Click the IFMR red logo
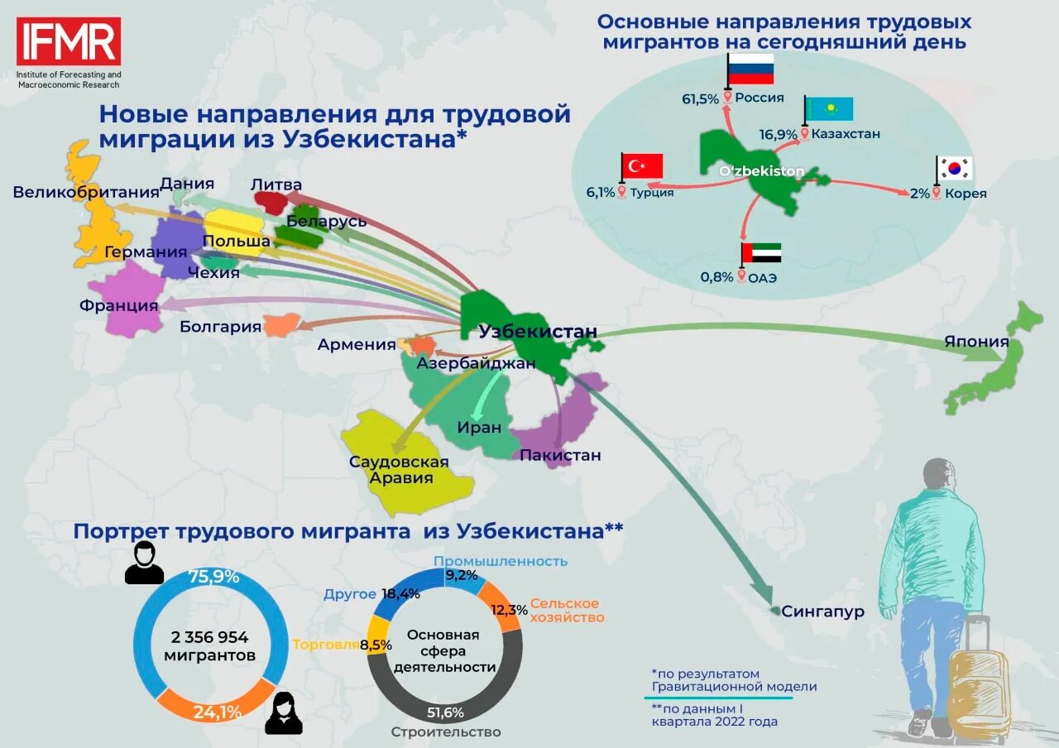pyautogui.click(x=69, y=41)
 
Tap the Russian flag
pyautogui.click(x=750, y=69)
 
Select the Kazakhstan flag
pyautogui.click(x=829, y=109)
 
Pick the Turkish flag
pyautogui.click(x=643, y=166)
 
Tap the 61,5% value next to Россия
pyautogui.click(x=700, y=98)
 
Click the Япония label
pyautogui.click(x=976, y=342)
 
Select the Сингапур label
pyautogui.click(x=822, y=612)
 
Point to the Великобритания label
pyautogui.click(x=85, y=193)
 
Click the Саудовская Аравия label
pyautogui.click(x=399, y=470)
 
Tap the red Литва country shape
pyautogui.click(x=271, y=201)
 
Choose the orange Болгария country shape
pyautogui.click(x=281, y=324)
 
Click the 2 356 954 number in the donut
pyautogui.click(x=209, y=637)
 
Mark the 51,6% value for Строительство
pyautogui.click(x=445, y=712)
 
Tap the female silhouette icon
pyautogui.click(x=283, y=714)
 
